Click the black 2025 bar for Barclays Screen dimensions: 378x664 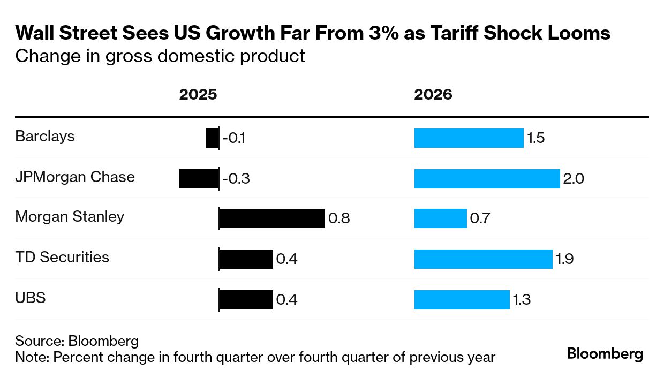pyautogui.click(x=212, y=138)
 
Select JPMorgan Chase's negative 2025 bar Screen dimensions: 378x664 pyautogui.click(x=199, y=179)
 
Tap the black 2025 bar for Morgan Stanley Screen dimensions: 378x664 pyautogui.click(x=271, y=219)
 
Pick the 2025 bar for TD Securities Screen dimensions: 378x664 pyautogui.click(x=246, y=259)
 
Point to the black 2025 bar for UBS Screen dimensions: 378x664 pyautogui.click(x=246, y=299)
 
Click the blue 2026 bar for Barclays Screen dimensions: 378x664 pyautogui.click(x=469, y=138)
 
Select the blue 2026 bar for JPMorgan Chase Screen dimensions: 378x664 pyautogui.click(x=487, y=179)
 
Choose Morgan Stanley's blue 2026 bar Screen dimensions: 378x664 pyautogui.click(x=441, y=219)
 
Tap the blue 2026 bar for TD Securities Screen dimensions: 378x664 pyautogui.click(x=483, y=259)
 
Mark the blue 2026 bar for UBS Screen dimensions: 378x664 pyautogui.click(x=462, y=299)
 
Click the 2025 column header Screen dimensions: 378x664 pyautogui.click(x=198, y=95)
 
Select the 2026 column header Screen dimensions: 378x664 pyautogui.click(x=433, y=95)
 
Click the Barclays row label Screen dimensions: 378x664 pyautogui.click(x=45, y=137)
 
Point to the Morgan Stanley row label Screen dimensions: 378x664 pyautogui.click(x=70, y=217)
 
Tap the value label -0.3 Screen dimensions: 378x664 pyautogui.click(x=236, y=179)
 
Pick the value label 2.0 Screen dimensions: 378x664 pyautogui.click(x=574, y=179)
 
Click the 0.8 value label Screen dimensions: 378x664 pyautogui.click(x=339, y=219)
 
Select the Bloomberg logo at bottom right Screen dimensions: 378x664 pyautogui.click(x=605, y=354)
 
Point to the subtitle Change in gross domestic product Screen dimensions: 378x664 pyautogui.click(x=160, y=56)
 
